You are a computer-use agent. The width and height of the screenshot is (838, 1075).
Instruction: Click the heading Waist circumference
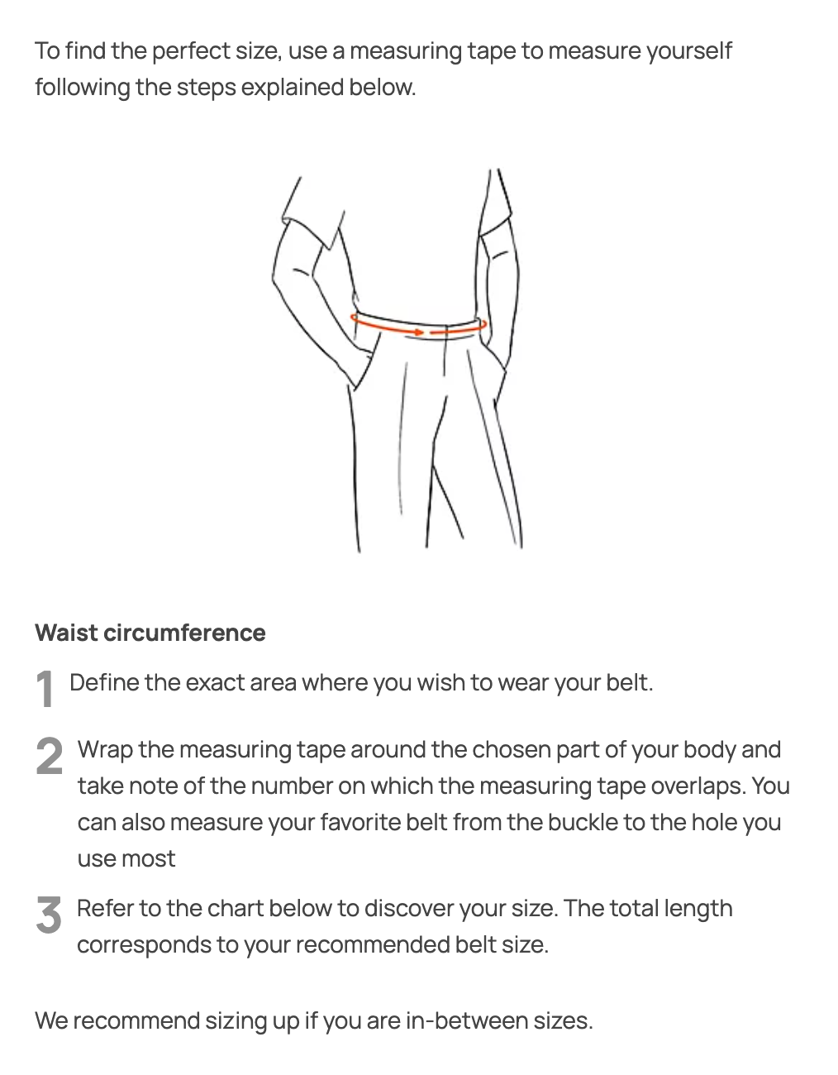click(x=150, y=633)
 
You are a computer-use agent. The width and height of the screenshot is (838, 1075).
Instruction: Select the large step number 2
click(x=50, y=756)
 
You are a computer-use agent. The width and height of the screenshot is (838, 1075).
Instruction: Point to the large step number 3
click(x=49, y=915)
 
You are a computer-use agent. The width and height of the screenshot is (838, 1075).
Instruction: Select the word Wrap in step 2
click(x=105, y=750)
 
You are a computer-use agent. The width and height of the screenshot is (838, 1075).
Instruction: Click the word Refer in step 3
click(x=105, y=909)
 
